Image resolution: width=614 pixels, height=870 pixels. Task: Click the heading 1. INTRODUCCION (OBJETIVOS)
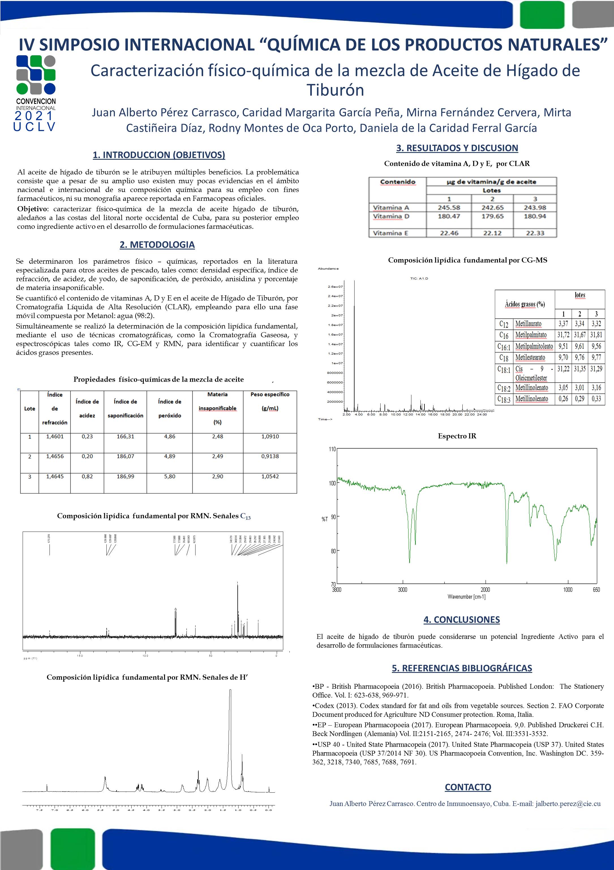159,155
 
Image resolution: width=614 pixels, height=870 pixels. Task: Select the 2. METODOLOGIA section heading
157,245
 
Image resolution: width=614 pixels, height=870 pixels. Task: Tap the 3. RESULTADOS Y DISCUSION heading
457,148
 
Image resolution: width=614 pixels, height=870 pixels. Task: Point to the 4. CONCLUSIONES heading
461,620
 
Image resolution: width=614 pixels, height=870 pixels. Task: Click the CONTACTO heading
468,787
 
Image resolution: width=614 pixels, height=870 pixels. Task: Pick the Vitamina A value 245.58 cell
449,208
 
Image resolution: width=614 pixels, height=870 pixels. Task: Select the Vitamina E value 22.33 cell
535,233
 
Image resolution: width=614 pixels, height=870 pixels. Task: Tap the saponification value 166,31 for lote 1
125,436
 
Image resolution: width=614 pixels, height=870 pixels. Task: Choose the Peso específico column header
270,395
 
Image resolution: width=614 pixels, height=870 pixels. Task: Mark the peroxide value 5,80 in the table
169,476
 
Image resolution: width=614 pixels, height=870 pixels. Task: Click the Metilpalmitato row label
531,335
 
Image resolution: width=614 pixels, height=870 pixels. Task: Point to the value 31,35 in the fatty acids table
579,369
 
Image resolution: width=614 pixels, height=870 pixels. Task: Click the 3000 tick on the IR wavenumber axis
402,590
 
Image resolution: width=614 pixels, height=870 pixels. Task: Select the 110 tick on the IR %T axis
332,449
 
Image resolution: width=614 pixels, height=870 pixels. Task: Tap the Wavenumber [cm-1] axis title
466,597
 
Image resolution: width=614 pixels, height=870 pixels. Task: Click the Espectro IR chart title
457,436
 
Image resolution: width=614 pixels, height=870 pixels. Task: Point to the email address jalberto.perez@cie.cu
568,804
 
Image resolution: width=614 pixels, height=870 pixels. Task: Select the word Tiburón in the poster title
335,90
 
